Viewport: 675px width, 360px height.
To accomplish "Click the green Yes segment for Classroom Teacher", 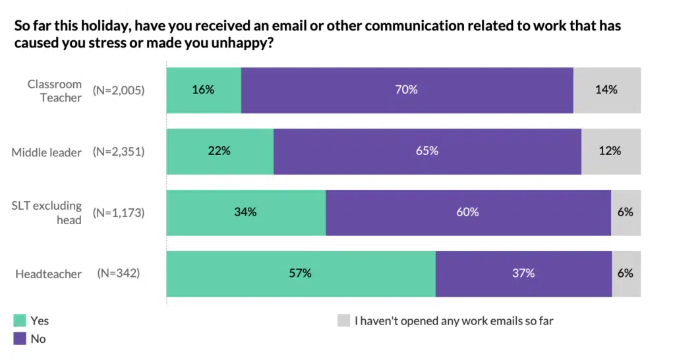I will coord(204,90).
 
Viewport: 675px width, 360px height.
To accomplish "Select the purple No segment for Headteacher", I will coord(523,273).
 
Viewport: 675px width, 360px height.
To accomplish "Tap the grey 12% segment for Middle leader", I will coord(610,151).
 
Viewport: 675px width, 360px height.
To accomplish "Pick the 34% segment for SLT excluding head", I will coord(246,212).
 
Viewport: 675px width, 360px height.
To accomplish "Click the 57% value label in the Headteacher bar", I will coord(300,273).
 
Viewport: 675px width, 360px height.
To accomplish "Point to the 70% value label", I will coord(407,90).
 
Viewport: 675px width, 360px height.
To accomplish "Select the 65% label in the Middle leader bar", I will coord(427,151).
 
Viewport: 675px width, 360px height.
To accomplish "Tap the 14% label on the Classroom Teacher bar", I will coord(606,90).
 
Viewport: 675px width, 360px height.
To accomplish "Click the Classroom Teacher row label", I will coord(55,91).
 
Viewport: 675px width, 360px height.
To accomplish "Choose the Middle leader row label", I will coord(47,152).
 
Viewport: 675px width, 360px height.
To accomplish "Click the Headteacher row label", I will coord(48,274).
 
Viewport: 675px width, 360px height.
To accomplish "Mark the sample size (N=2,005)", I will coord(118,90).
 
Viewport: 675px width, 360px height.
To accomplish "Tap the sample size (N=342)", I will coord(118,273).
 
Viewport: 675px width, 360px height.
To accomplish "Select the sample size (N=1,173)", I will coord(118,212).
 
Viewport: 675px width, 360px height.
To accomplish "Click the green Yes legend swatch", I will coord(20,321).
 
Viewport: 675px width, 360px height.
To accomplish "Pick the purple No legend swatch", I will coord(20,339).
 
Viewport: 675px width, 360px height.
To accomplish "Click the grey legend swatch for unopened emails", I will coord(343,321).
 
